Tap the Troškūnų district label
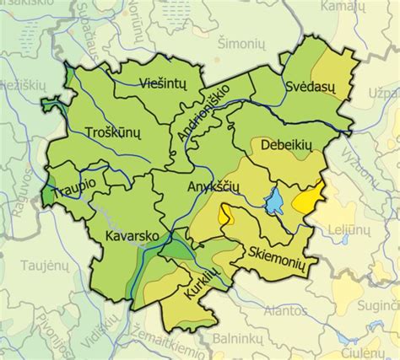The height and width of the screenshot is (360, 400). (112, 132)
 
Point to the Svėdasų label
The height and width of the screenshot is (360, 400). (310, 86)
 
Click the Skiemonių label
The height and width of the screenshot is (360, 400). (276, 250)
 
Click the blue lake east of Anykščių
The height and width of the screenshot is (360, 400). (274, 202)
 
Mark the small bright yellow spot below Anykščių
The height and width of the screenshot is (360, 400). (224, 217)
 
